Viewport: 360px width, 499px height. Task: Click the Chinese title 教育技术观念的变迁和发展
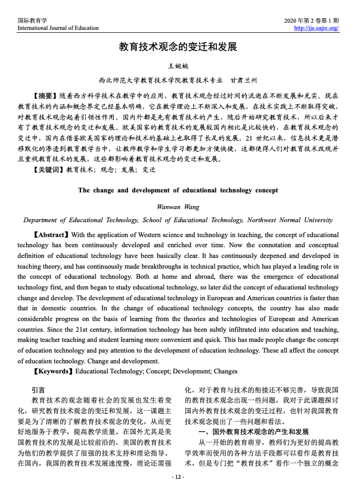[179, 46]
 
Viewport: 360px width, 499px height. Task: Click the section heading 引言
[39, 389]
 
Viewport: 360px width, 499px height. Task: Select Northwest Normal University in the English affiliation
[287, 220]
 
